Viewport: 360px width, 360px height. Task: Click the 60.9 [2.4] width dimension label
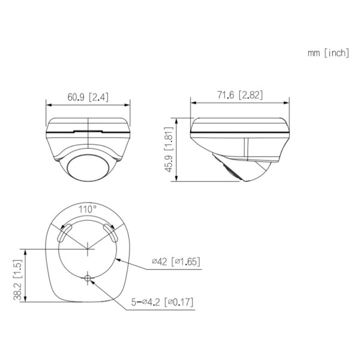[88, 97]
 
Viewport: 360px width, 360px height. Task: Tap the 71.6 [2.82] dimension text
[240, 95]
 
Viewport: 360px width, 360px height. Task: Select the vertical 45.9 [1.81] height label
[169, 149]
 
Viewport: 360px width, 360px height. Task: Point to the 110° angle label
[88, 209]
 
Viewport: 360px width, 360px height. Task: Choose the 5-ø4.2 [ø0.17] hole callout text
[162, 302]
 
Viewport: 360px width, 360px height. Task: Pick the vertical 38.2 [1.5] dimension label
[17, 280]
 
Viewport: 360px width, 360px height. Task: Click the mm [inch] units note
[328, 53]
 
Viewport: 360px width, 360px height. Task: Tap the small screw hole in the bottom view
[88, 278]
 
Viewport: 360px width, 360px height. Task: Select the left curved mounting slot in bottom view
[64, 233]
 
